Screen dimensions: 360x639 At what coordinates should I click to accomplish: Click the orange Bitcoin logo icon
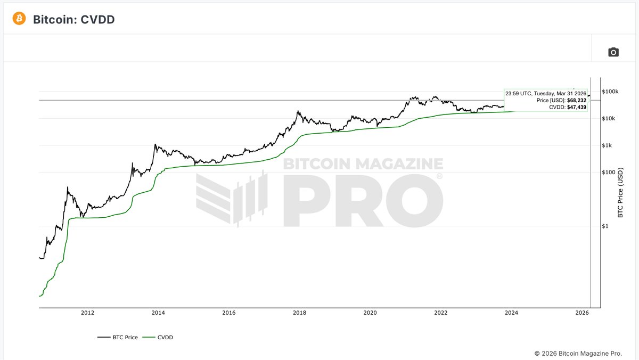19,19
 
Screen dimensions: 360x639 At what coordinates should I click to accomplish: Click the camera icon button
613,52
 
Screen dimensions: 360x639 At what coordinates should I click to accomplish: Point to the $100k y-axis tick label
610,92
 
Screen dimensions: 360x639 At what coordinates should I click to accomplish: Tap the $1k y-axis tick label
608,145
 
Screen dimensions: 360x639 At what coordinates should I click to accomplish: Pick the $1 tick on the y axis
606,226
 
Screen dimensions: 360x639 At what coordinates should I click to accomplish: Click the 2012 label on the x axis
87,313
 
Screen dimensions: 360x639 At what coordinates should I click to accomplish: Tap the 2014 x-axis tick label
158,313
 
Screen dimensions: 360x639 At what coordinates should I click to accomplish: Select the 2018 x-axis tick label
299,313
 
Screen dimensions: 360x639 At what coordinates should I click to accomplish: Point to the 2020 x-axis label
370,313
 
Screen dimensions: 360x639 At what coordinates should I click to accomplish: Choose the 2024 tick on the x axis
511,313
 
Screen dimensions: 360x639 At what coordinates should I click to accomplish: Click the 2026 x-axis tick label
582,313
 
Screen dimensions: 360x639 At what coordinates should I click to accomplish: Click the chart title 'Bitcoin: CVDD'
73,20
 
